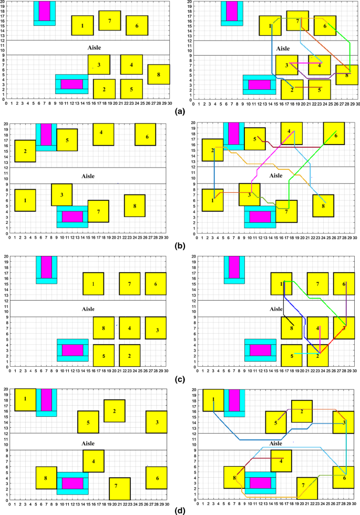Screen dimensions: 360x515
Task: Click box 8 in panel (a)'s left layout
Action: pyautogui.click(x=158, y=74)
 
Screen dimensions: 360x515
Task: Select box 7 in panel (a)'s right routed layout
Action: pyautogui.click(x=297, y=20)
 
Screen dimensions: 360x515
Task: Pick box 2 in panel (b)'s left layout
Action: pyautogui.click(x=25, y=151)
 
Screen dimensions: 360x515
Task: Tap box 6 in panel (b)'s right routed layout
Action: pyautogui.click(x=336, y=135)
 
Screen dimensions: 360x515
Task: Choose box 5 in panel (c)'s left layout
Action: pyautogui.click(x=104, y=356)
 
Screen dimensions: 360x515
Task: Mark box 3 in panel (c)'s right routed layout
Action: pyautogui.click(x=344, y=328)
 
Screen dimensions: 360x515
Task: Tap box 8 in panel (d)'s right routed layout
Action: pyautogui.click(x=234, y=477)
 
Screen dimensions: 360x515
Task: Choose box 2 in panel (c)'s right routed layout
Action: pyautogui.click(x=318, y=355)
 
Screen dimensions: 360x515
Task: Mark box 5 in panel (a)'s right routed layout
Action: pyautogui.click(x=319, y=89)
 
